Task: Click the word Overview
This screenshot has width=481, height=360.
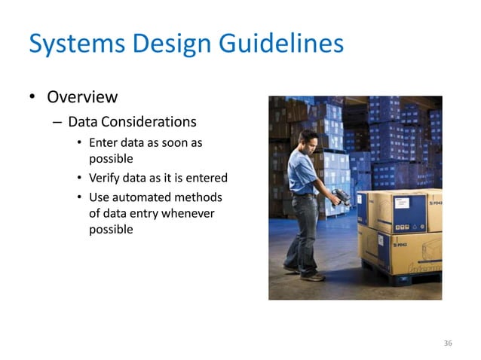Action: pyautogui.click(x=82, y=97)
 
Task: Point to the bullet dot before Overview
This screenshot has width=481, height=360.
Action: pyautogui.click(x=32, y=98)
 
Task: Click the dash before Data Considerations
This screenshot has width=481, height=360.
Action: pyautogui.click(x=57, y=122)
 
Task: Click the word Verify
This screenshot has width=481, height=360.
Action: pyautogui.click(x=105, y=178)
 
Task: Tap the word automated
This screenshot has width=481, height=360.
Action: pyautogui.click(x=142, y=197)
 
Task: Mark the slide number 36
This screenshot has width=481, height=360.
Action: pyautogui.click(x=448, y=343)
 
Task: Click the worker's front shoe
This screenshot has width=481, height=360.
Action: pyautogui.click(x=313, y=276)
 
